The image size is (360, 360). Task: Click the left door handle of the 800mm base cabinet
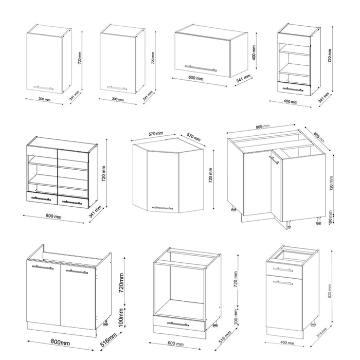(x=42, y=267)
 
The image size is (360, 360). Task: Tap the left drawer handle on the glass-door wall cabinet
(x=41, y=199)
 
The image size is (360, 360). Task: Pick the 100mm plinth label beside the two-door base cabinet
(x=120, y=318)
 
